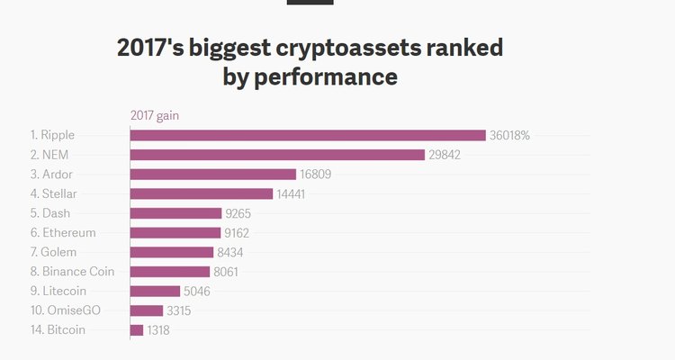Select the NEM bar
[x=277, y=155]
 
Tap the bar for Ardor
[x=212, y=175]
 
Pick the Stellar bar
[x=201, y=193]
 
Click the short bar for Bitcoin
[x=137, y=330]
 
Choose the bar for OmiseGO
[x=147, y=310]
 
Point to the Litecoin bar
[x=155, y=291]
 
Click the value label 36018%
[x=509, y=135]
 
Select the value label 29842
[x=447, y=155]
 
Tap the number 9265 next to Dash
[x=242, y=213]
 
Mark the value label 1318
[x=158, y=330]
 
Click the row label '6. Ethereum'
[x=63, y=233]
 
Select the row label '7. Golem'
[x=54, y=252]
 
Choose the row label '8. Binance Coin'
[x=72, y=272]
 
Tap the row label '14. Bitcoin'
[x=58, y=330]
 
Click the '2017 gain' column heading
[x=155, y=115]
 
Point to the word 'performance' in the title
[x=328, y=77]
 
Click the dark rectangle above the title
[x=310, y=3]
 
